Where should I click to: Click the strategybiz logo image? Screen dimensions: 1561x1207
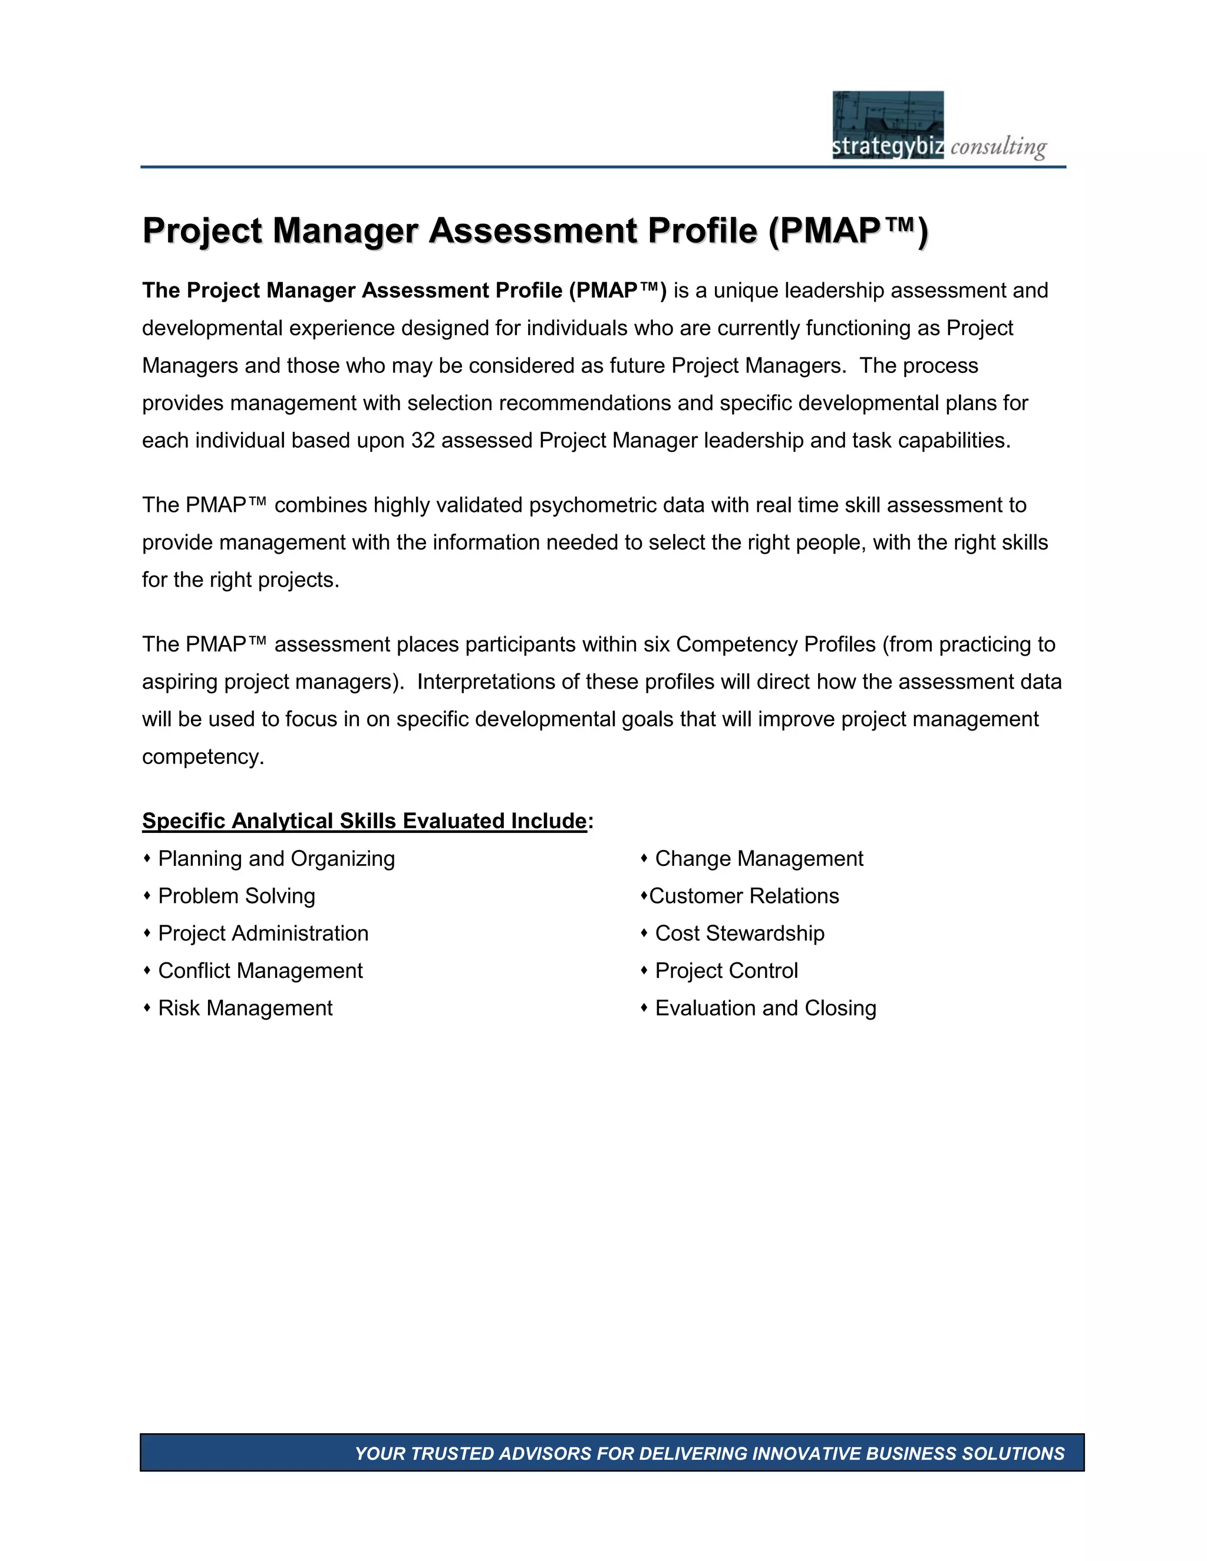[x=888, y=124]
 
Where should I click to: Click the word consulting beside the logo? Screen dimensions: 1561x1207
[x=998, y=147]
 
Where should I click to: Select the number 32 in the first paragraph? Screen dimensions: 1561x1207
[x=423, y=440]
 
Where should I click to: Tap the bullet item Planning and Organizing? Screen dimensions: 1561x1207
[x=276, y=858]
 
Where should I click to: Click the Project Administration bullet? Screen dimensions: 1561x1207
[x=263, y=934]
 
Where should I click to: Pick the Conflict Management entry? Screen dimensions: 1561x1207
[x=260, y=971]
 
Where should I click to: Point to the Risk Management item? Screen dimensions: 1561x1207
[x=245, y=1008]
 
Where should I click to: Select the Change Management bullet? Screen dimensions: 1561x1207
[x=759, y=858]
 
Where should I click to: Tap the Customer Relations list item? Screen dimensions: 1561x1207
[x=744, y=895]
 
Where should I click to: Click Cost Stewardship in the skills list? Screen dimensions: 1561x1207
[x=740, y=934]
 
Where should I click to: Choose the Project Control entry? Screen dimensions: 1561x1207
[x=727, y=971]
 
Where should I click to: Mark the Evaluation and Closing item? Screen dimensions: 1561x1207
[x=765, y=1008]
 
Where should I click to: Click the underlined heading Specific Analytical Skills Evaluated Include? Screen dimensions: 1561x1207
[x=365, y=821]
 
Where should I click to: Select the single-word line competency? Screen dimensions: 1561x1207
[x=203, y=757]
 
